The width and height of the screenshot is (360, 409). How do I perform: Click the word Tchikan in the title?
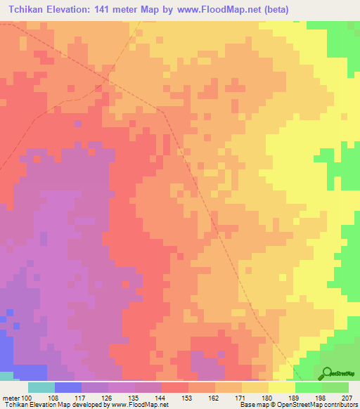(27, 9)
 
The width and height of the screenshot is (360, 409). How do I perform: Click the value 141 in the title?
(112, 9)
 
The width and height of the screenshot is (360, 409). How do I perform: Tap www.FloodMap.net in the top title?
(218, 9)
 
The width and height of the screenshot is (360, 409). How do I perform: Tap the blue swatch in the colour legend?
(68, 387)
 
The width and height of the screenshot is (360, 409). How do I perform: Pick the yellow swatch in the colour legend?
(281, 387)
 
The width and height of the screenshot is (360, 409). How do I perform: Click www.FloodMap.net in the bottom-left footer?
(139, 405)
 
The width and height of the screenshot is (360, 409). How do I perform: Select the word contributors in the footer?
(340, 405)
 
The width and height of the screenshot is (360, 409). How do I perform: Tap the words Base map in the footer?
(252, 405)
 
